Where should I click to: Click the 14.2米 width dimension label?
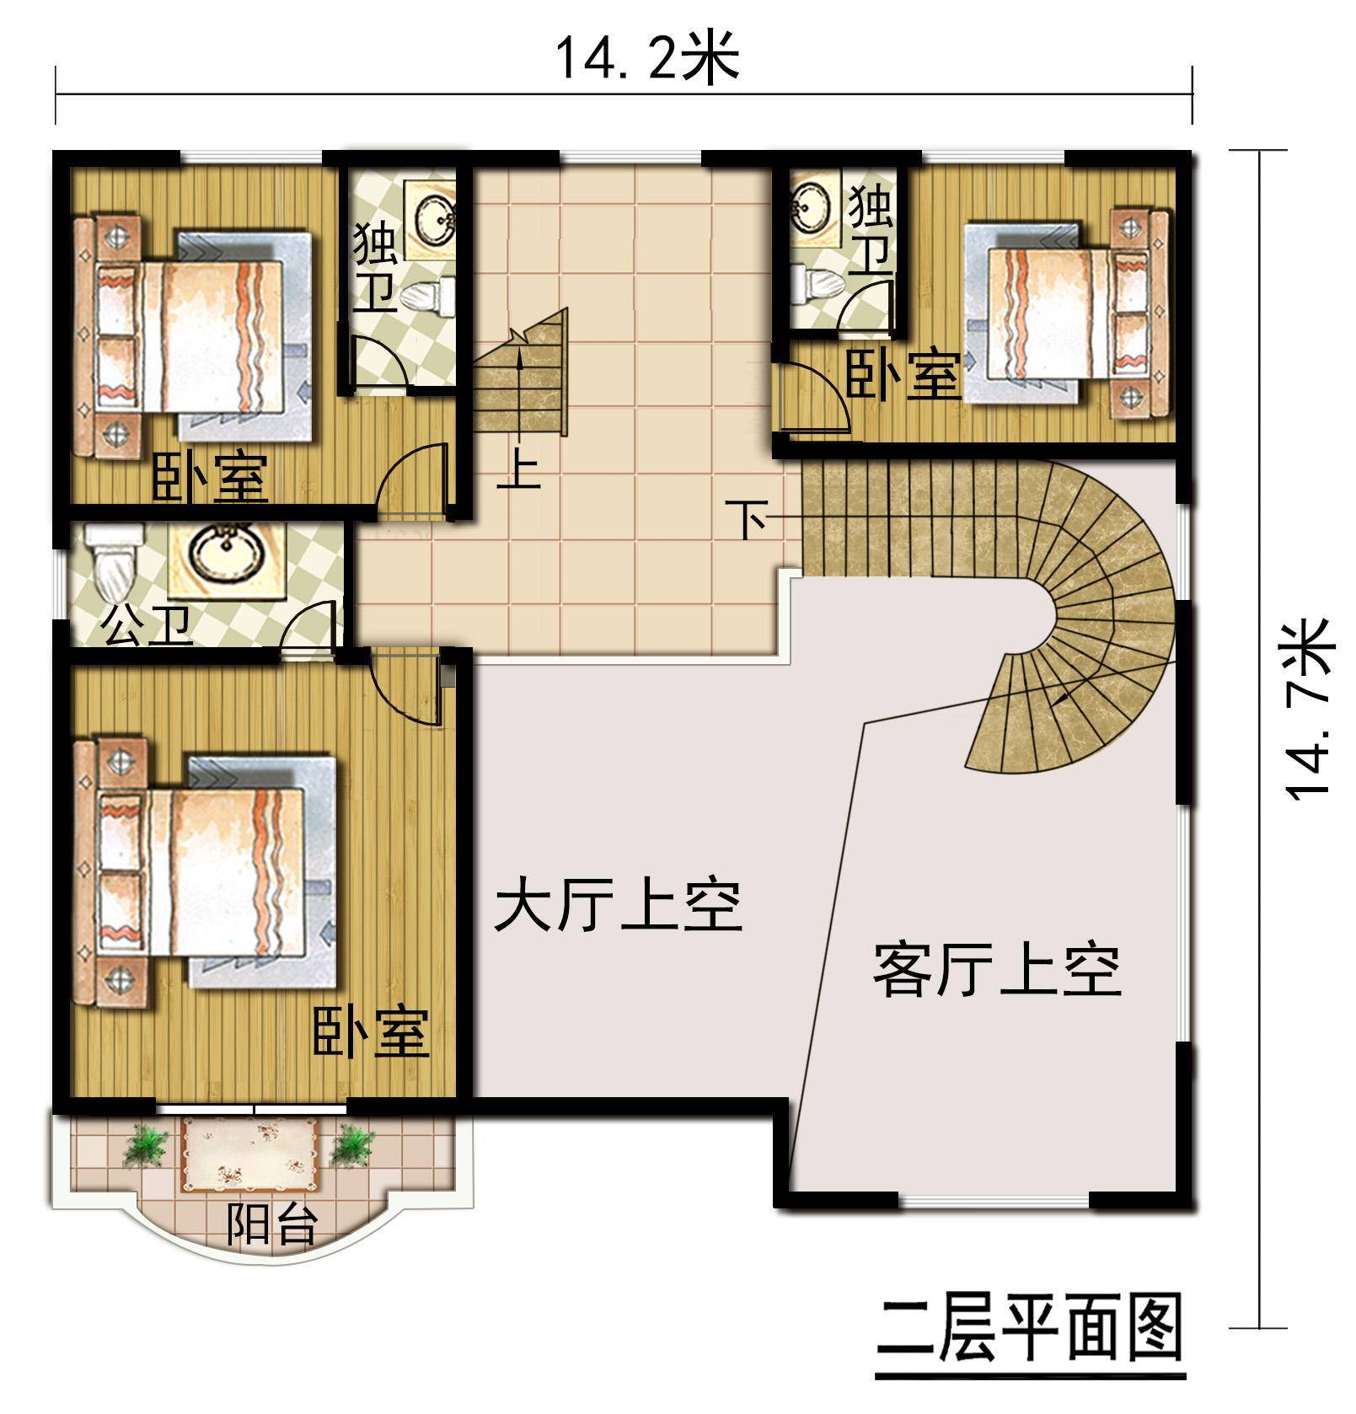click(x=646, y=59)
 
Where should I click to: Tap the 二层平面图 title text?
click(x=1030, y=1330)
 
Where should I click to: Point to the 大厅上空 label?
click(x=618, y=908)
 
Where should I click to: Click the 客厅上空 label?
click(x=996, y=971)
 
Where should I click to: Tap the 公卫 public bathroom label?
click(x=147, y=627)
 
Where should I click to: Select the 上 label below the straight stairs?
click(x=518, y=473)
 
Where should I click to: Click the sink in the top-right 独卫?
click(x=811, y=205)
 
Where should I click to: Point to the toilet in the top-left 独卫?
click(x=426, y=295)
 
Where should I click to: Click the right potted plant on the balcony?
click(x=352, y=1146)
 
